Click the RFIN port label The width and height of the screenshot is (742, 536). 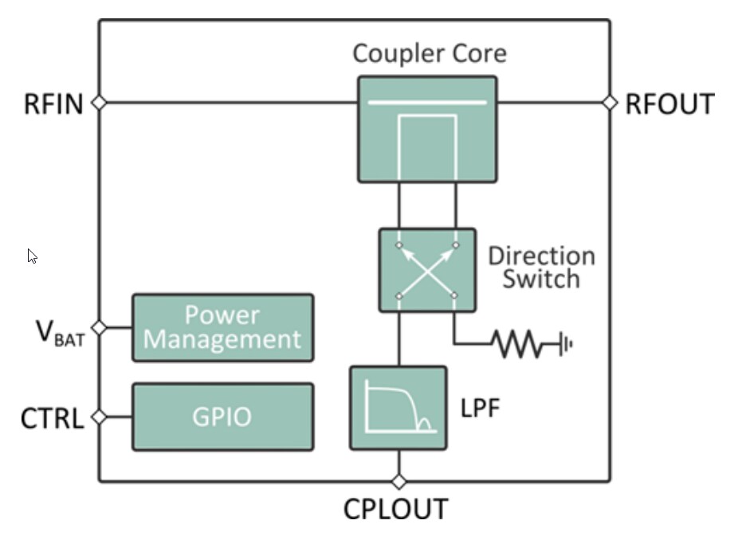pos(53,104)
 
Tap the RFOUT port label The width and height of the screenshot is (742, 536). pos(669,104)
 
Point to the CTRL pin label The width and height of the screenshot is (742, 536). pos(52,418)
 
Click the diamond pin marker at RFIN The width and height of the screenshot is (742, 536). pos(99,103)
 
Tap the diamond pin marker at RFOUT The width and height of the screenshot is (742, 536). pos(610,103)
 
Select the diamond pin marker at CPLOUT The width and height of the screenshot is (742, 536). pos(398,482)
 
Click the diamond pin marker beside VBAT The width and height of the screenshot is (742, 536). pos(99,327)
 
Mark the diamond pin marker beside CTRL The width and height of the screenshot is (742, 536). pos(99,417)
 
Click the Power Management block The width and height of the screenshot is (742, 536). pos(222,327)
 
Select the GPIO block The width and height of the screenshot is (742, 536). pos(222,417)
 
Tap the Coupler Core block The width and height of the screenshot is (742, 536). pos(427,129)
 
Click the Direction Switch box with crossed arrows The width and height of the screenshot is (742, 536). pos(427,270)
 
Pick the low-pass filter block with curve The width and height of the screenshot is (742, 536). pos(398,408)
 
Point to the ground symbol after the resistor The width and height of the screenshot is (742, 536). pos(565,345)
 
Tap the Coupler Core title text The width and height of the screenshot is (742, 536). pos(429,53)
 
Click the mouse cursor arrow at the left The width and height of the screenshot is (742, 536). pos(32,256)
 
